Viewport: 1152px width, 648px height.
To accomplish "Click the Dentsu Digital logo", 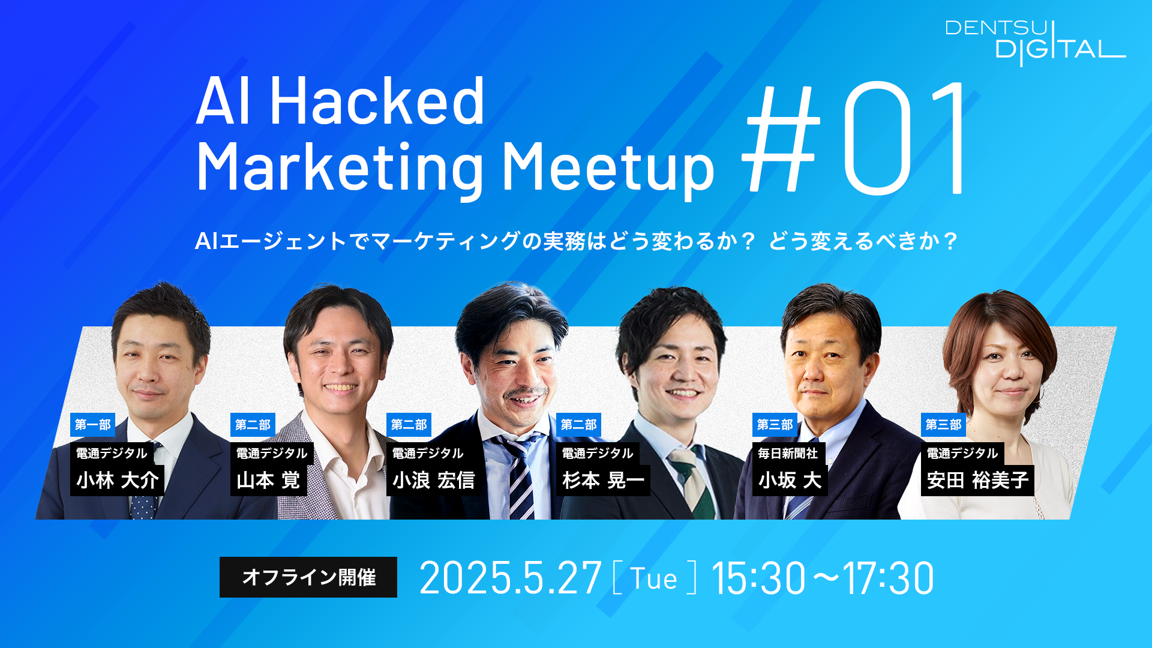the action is pos(1035,42).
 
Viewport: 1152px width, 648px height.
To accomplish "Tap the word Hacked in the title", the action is pos(377,101).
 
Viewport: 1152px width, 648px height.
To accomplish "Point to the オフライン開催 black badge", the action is pos(308,577).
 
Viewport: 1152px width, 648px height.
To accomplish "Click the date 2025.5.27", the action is pos(511,578).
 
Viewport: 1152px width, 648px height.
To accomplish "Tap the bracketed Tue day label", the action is pos(655,578).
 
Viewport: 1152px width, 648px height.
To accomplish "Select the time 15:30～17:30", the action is pos(823,578).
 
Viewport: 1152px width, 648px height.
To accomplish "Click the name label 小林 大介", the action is pos(117,481).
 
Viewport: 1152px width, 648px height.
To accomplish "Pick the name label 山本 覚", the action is pos(268,481).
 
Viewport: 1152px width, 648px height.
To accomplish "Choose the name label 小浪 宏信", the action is pos(434,481).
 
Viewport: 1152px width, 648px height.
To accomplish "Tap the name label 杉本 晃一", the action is pos(603,481).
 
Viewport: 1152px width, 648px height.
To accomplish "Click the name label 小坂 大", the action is pos(790,481).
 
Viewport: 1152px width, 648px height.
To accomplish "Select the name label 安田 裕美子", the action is pos(977,481).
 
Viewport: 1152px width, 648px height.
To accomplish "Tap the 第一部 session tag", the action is pos(92,425).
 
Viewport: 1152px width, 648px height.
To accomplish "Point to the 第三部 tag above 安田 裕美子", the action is pos(943,425).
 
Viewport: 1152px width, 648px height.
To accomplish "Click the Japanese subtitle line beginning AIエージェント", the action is pos(576,241).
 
